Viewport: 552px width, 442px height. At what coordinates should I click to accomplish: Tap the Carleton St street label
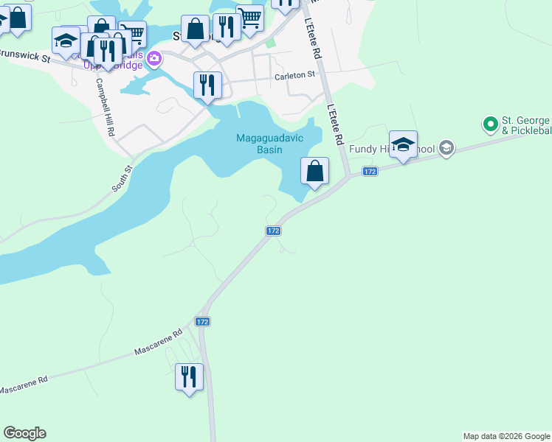click(294, 75)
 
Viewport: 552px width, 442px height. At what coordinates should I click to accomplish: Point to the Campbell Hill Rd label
click(104, 109)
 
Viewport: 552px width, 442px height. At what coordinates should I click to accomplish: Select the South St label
click(122, 179)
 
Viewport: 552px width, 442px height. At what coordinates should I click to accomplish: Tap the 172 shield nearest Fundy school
click(370, 172)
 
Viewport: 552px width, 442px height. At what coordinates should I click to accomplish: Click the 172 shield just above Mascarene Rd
click(203, 322)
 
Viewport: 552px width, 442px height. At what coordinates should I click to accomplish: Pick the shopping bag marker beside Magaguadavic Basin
click(315, 171)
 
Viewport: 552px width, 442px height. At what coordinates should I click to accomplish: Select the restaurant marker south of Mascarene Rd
click(190, 377)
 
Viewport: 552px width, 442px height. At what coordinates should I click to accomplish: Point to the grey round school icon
click(445, 149)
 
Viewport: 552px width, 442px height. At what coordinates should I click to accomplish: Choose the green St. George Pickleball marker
click(489, 124)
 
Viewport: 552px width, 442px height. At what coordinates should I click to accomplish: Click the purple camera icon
click(154, 58)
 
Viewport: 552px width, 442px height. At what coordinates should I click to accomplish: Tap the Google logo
click(24, 433)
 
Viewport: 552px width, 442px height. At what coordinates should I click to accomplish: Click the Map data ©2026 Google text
click(506, 436)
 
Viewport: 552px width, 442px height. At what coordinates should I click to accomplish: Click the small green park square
click(270, 43)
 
